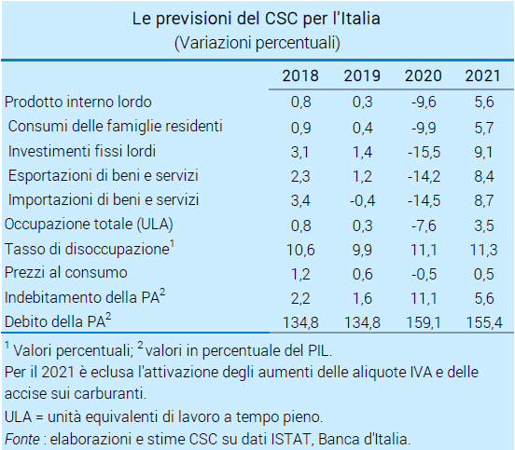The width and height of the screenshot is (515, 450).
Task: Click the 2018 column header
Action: [300, 75]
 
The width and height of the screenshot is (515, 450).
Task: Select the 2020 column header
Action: [423, 75]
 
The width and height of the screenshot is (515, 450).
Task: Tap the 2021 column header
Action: [483, 75]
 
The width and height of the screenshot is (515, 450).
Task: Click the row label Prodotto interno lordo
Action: [78, 102]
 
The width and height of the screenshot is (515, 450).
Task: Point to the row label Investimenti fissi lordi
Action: [82, 151]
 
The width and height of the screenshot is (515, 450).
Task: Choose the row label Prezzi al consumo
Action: [66, 273]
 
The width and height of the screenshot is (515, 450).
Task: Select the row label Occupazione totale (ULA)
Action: [89, 225]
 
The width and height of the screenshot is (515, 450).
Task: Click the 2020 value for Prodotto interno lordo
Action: [424, 102]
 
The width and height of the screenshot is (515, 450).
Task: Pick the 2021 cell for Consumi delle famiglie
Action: [484, 128]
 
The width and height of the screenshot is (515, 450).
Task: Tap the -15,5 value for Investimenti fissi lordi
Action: [424, 152]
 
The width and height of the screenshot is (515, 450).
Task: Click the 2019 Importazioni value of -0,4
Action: [362, 200]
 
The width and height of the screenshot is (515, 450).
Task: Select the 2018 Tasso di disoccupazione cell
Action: [300, 250]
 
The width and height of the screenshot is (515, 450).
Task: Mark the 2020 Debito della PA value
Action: [424, 322]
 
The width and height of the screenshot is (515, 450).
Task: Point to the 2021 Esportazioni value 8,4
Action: [484, 176]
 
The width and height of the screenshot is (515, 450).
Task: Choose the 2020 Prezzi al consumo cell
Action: [424, 274]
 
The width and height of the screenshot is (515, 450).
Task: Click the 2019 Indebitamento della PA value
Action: [362, 298]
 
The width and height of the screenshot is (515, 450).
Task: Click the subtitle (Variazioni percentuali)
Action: [257, 43]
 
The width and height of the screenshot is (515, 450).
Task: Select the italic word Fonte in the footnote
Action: [22, 439]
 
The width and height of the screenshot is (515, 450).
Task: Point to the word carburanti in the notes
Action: [110, 393]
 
